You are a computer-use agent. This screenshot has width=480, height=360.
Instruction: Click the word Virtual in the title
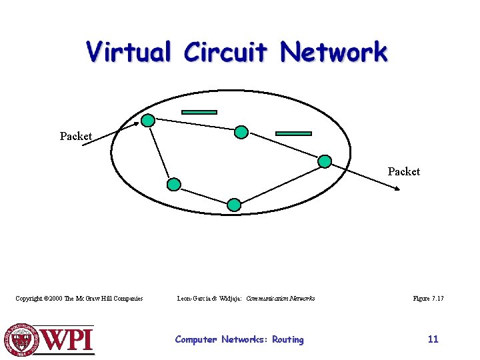[129, 52]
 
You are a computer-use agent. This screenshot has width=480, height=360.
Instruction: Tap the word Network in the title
[333, 52]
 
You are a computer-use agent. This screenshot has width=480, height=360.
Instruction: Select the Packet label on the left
[75, 136]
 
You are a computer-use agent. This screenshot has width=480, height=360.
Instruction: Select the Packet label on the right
[404, 171]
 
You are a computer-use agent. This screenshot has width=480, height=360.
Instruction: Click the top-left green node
[148, 121]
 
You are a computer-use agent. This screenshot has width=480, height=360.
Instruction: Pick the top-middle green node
[242, 133]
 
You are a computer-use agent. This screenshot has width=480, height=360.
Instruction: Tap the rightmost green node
[325, 161]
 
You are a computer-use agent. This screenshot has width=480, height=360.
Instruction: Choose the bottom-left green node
[173, 184]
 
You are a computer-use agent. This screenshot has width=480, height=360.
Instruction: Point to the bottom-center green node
[234, 204]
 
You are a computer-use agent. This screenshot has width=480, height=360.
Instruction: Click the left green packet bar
[199, 112]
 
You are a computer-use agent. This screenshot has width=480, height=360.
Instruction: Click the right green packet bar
[293, 133]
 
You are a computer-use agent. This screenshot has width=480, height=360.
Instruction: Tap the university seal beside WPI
[23, 339]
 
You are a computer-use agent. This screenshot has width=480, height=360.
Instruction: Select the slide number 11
[433, 339]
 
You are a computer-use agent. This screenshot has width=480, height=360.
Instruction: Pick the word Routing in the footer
[287, 339]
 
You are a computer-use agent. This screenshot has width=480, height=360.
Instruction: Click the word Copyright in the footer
[29, 299]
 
